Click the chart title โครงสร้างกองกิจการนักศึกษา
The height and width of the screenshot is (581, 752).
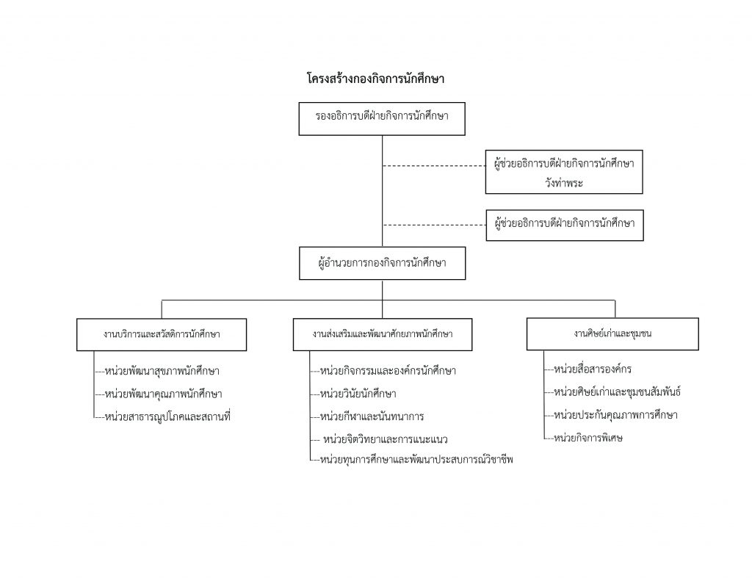pyautogui.click(x=375, y=79)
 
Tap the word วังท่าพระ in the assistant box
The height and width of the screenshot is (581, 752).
pyautogui.click(x=564, y=183)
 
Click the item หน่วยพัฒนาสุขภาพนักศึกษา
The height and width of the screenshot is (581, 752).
pyautogui.click(x=162, y=371)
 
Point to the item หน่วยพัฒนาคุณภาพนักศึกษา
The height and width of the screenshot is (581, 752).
pyautogui.click(x=164, y=394)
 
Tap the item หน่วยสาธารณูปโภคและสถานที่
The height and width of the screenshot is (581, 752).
pyautogui.click(x=167, y=416)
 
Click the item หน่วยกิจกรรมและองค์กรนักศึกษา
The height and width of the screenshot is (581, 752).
pyautogui.click(x=388, y=370)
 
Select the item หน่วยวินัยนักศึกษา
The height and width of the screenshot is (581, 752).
pyautogui.click(x=358, y=394)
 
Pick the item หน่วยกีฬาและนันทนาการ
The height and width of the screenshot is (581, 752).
pyautogui.click(x=372, y=416)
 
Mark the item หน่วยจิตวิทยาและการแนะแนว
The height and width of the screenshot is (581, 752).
pyautogui.click(x=386, y=439)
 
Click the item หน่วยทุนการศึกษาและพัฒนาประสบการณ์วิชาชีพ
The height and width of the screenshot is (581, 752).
pyautogui.click(x=417, y=459)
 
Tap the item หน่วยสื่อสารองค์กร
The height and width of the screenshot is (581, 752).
pyautogui.click(x=593, y=369)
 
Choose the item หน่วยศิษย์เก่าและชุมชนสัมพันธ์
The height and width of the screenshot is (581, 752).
pyautogui.click(x=618, y=391)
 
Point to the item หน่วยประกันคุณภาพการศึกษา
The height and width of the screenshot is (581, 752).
pyautogui.click(x=616, y=414)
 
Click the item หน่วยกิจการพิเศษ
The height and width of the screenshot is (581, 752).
pyautogui.click(x=588, y=438)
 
